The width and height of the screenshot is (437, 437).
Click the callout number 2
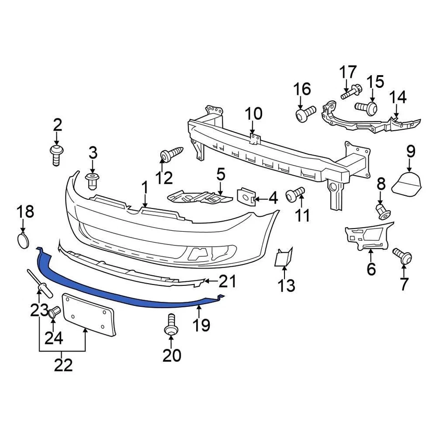coord(57,124)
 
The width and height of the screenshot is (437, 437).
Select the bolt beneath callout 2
coord(57,155)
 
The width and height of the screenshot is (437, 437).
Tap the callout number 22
coord(63,364)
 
